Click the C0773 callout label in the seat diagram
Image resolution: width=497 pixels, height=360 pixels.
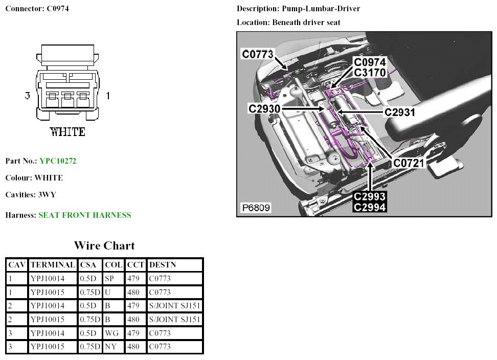[258, 54]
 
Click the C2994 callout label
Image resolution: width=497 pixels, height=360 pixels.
[370, 206]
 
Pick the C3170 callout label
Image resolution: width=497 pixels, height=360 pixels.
[370, 73]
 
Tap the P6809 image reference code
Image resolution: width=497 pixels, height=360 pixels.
[256, 208]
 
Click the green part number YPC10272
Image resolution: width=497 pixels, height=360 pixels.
[58, 161]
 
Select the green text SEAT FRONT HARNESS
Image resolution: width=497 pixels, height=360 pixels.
[84, 215]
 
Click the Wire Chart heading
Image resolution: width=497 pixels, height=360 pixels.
[104, 245]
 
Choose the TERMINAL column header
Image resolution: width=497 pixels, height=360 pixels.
[53, 265]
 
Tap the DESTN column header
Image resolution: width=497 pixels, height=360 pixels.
[162, 265]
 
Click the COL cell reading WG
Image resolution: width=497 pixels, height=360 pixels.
[111, 333]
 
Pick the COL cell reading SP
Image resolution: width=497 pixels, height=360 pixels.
[109, 279]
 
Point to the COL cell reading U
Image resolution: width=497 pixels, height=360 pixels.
[107, 292]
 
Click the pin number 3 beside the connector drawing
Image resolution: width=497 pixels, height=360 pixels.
[28, 96]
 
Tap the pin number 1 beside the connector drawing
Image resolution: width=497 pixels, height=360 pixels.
[108, 96]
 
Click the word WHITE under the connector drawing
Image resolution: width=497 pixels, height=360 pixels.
[68, 131]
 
